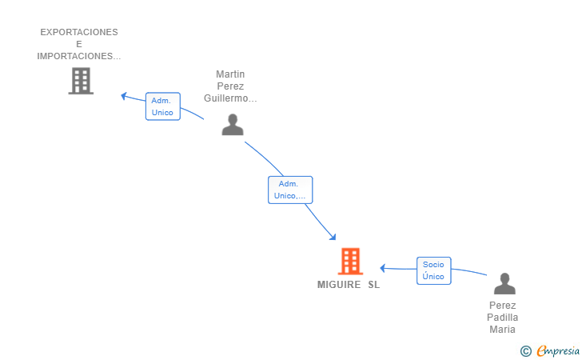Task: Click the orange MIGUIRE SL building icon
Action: tap(350, 261)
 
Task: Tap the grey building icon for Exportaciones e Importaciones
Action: tap(81, 81)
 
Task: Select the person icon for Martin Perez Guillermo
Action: tap(233, 125)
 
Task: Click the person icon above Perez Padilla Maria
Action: tap(504, 283)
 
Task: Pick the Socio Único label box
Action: tap(433, 270)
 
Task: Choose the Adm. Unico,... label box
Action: tap(290, 190)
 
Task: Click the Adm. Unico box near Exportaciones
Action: tap(162, 106)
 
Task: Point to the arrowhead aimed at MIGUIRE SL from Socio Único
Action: tap(383, 268)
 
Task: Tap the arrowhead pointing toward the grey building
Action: tap(124, 96)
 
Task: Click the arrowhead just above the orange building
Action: tap(333, 237)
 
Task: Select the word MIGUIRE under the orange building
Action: tap(339, 285)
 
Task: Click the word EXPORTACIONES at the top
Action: tap(79, 32)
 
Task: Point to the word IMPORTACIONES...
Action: tap(74, 56)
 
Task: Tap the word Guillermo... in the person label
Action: tap(230, 98)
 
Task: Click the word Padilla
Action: tap(503, 318)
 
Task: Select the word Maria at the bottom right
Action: tap(502, 329)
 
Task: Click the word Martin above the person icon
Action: tap(230, 74)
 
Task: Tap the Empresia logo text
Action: tap(558, 350)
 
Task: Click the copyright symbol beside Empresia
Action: tap(526, 351)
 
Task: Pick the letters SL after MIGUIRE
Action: tap(374, 285)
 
